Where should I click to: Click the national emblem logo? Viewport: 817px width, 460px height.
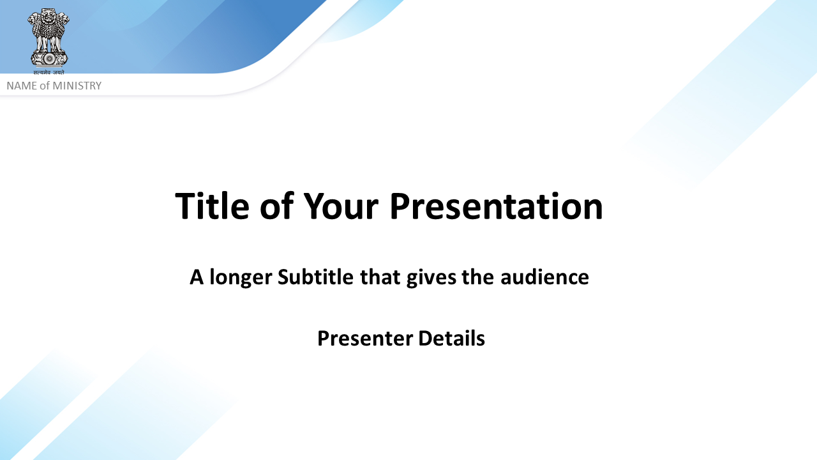click(49, 42)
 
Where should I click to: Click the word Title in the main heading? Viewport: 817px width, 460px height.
click(213, 206)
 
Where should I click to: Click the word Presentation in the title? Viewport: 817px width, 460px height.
click(497, 206)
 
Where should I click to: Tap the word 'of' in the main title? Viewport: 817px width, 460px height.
click(276, 206)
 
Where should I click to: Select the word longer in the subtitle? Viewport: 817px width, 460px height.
click(241, 277)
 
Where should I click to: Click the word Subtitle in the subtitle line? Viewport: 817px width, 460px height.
click(315, 277)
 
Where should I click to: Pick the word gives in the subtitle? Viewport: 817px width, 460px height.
click(431, 277)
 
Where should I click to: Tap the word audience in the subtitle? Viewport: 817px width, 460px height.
click(544, 277)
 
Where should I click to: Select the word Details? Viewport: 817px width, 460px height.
click(451, 338)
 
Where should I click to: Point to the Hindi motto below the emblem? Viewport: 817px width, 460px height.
click(49, 72)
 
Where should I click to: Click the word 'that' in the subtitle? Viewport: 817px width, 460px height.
click(380, 277)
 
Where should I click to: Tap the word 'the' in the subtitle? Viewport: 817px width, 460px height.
click(478, 277)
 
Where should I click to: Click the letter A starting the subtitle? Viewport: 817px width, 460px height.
click(197, 277)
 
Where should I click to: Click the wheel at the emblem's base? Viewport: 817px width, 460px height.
click(49, 58)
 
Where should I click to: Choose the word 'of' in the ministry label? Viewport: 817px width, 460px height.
click(45, 86)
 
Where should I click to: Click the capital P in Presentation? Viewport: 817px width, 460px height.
click(398, 206)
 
